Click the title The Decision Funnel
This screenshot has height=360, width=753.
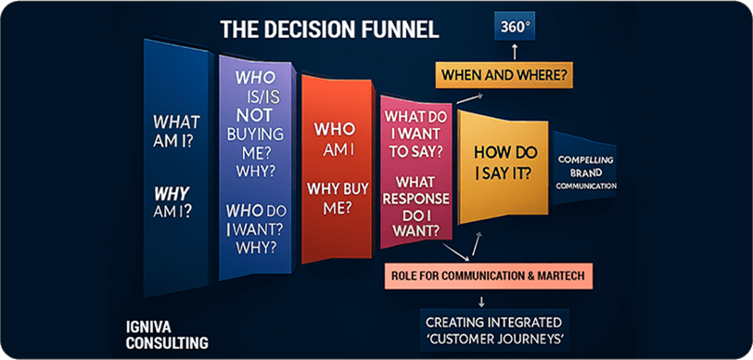tap(329, 30)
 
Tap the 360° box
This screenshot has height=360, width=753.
tap(516, 26)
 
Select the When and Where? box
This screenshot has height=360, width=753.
tap(504, 75)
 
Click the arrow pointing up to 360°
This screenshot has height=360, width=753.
tap(515, 52)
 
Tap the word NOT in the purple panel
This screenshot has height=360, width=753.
tap(254, 115)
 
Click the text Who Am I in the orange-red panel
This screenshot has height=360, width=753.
tap(334, 139)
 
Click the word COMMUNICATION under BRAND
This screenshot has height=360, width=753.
tap(587, 185)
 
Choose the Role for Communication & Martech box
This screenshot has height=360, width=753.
tap(489, 276)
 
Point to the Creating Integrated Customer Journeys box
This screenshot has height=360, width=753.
tap(494, 330)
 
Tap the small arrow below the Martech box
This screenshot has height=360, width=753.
tap(481, 302)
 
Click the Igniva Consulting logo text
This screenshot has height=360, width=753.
tap(167, 336)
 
